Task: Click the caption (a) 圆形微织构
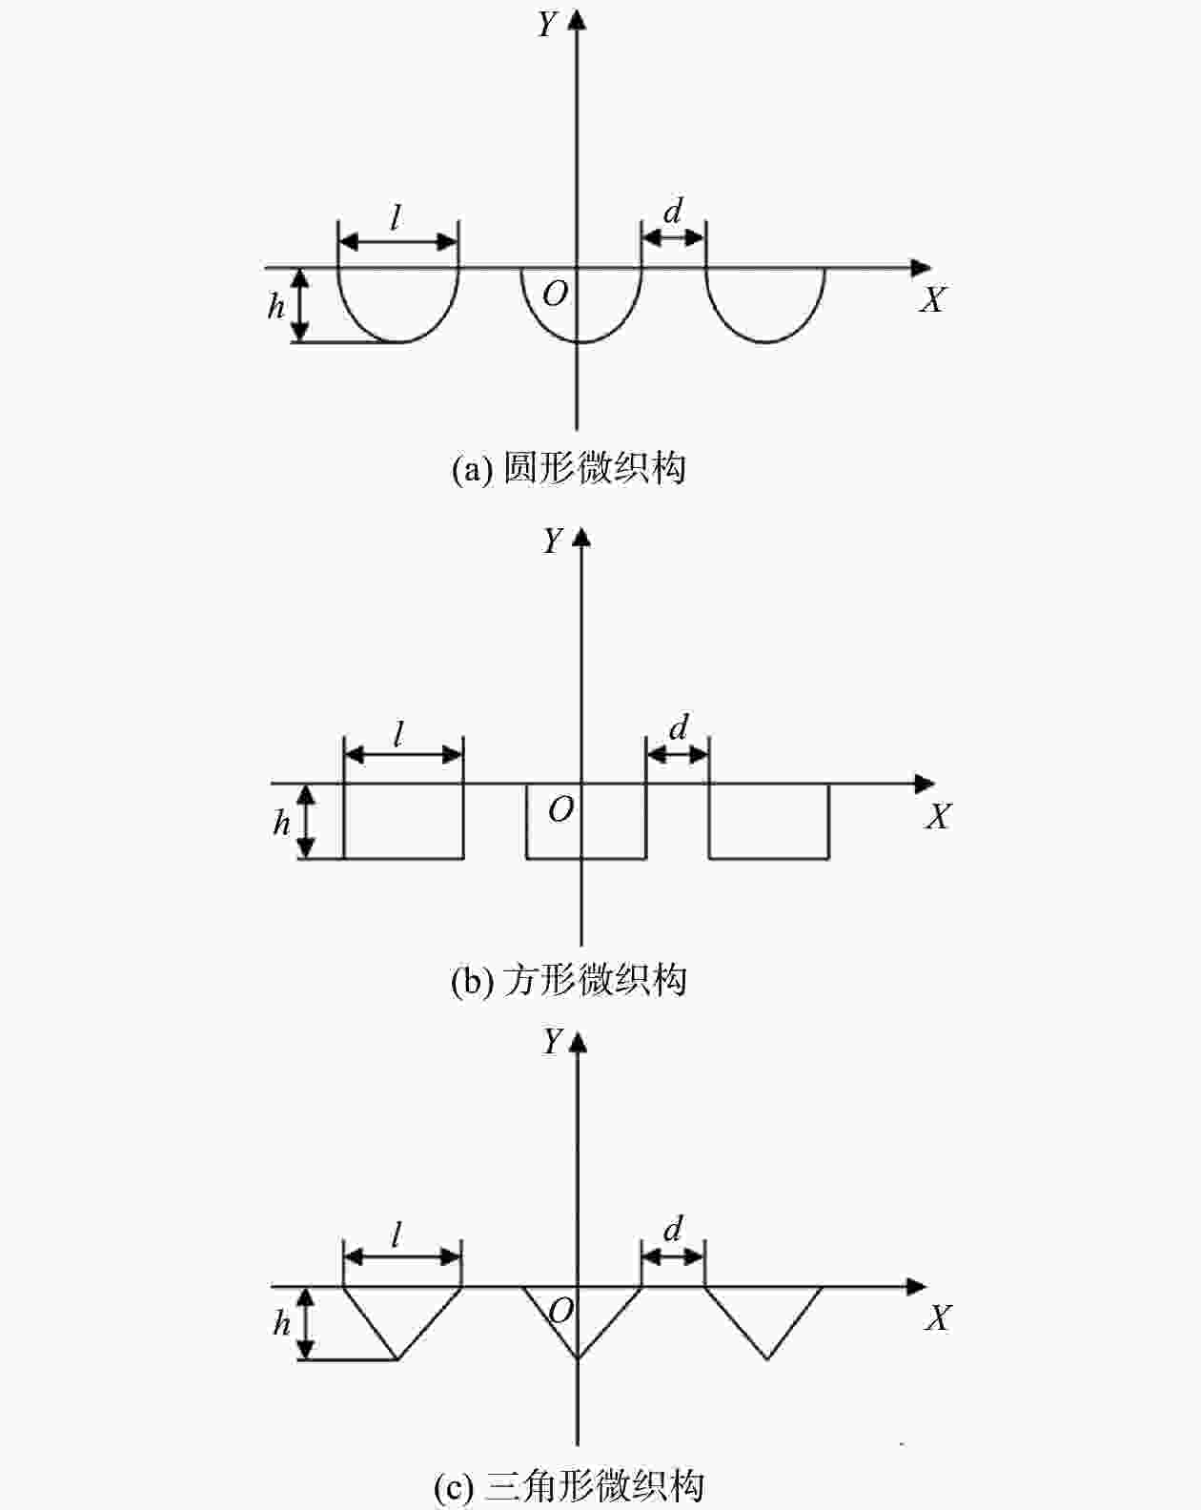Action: tap(569, 468)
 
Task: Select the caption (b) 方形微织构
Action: tap(569, 980)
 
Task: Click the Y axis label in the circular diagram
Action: tap(546, 24)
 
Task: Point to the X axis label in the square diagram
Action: tap(938, 817)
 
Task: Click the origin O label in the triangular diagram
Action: tap(561, 1311)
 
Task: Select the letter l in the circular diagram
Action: tap(396, 218)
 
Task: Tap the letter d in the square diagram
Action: tap(679, 728)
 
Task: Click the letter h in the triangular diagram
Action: tap(281, 1323)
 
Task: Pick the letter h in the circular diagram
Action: tap(276, 306)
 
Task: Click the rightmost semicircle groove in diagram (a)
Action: tap(765, 305)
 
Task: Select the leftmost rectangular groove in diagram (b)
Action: tap(403, 821)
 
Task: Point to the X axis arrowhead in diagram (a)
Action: tap(921, 268)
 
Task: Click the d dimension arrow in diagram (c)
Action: tap(673, 1256)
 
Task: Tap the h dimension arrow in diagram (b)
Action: tap(306, 821)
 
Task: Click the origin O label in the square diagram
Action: tap(561, 809)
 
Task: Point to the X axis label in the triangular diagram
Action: tap(938, 1318)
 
